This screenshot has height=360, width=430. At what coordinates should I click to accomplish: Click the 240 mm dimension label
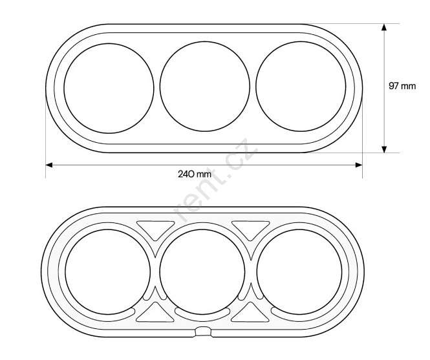coord(195,174)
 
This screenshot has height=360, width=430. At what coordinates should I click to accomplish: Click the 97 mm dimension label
coord(402,86)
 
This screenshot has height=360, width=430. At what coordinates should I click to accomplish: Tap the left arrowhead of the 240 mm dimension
coord(49,165)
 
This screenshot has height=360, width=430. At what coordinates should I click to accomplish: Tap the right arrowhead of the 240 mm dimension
coord(359,165)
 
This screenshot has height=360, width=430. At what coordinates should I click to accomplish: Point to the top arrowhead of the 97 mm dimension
coord(384,27)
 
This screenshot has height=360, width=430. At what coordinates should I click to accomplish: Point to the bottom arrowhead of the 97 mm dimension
coord(384,149)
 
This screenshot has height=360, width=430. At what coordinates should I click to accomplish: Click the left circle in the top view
coord(64,89)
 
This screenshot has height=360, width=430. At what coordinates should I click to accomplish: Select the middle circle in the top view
coord(160,87)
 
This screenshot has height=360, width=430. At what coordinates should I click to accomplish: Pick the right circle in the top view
coord(256,87)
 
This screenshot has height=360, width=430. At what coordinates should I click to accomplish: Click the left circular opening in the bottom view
coord(65,271)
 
